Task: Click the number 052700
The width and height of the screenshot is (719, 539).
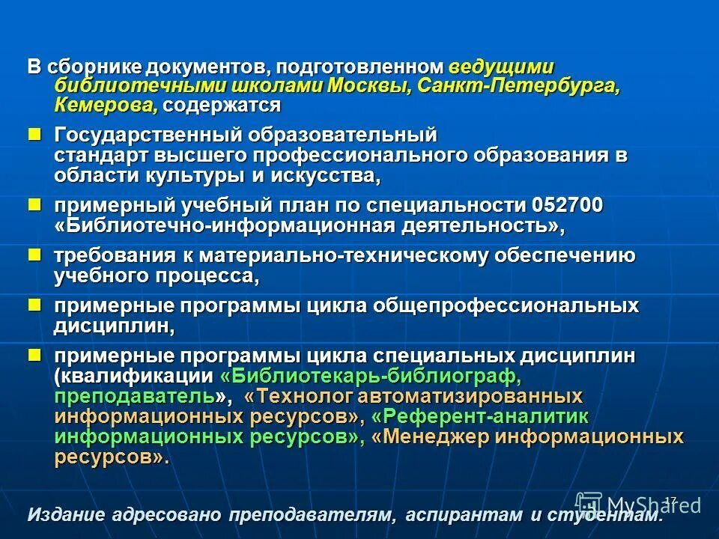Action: click(x=568, y=205)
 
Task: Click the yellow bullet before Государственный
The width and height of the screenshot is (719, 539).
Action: click(x=34, y=134)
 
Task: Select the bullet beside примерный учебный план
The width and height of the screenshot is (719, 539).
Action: click(x=34, y=204)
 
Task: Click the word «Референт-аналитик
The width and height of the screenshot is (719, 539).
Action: click(x=479, y=416)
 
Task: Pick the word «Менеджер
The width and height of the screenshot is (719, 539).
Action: click(x=441, y=436)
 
